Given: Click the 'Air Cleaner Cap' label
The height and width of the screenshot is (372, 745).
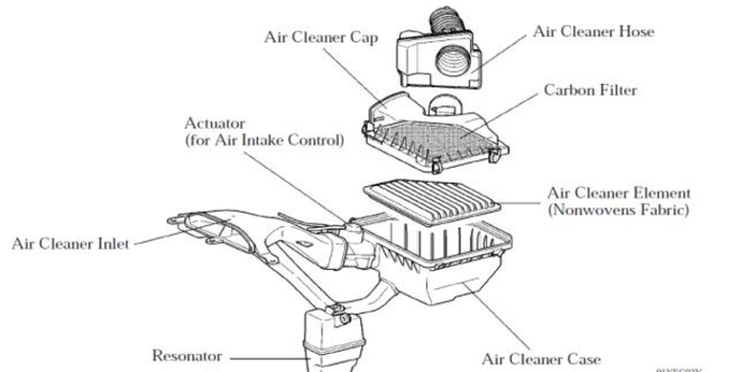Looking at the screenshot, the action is pos(321,37).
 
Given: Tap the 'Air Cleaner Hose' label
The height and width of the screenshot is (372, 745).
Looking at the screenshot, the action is pos(593,31).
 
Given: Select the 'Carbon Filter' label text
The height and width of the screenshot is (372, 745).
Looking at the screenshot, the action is pos(590,90).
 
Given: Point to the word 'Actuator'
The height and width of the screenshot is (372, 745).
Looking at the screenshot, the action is pos(215,123).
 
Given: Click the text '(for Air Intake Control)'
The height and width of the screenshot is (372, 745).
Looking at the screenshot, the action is pos(265,140).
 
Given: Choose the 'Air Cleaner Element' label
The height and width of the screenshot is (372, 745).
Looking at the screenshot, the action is pos(619,193).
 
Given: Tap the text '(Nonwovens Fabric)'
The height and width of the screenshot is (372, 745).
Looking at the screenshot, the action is pos(618,210).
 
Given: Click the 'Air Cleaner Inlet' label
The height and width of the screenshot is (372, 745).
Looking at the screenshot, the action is pos(71,244).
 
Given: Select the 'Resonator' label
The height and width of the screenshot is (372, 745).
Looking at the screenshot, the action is pos(186,356).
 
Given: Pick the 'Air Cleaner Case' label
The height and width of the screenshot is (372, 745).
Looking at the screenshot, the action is pos(542,360).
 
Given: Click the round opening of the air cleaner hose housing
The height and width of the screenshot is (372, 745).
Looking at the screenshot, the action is pos(454,62).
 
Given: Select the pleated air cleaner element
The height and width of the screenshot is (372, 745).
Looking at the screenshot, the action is pos(432,202).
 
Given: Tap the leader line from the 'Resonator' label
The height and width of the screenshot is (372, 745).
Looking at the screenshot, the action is pos(266,359).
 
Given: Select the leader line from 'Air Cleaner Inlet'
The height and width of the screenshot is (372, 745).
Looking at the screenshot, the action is pos(160,238).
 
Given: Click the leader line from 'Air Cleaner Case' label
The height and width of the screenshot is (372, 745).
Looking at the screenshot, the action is pos(497,317).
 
